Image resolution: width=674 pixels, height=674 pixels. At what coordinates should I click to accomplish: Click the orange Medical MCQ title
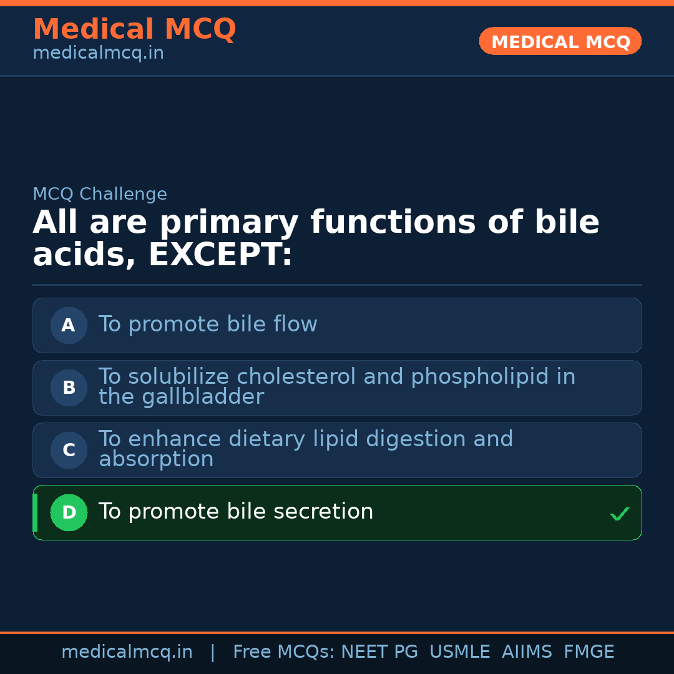pyautogui.click(x=134, y=29)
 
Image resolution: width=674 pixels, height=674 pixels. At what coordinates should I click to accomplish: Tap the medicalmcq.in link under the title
pyautogui.click(x=98, y=54)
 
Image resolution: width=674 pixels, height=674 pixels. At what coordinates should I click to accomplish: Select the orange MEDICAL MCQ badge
pyautogui.click(x=560, y=42)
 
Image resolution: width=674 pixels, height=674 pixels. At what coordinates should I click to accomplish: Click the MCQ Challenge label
pyautogui.click(x=100, y=195)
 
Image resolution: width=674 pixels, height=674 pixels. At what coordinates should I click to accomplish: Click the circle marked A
pyautogui.click(x=69, y=325)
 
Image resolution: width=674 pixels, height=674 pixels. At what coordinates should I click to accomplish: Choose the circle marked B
pyautogui.click(x=69, y=388)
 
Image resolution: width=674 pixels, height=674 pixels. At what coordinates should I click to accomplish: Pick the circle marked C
pyautogui.click(x=69, y=450)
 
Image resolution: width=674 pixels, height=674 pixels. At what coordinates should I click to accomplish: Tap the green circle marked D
pyautogui.click(x=69, y=512)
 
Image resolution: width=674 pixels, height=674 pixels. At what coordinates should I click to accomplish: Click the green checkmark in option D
pyautogui.click(x=619, y=514)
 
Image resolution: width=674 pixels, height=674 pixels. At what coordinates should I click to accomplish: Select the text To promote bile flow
pyautogui.click(x=208, y=325)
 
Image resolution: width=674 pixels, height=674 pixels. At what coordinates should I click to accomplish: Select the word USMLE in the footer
pyautogui.click(x=459, y=652)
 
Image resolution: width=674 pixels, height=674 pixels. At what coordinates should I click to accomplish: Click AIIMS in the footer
pyautogui.click(x=527, y=652)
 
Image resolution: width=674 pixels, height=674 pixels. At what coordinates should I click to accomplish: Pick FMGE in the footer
pyautogui.click(x=589, y=652)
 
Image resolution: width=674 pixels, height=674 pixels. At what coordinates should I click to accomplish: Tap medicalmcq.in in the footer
pyautogui.click(x=127, y=652)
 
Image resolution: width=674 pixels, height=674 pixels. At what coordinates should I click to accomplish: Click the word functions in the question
pyautogui.click(x=393, y=223)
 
